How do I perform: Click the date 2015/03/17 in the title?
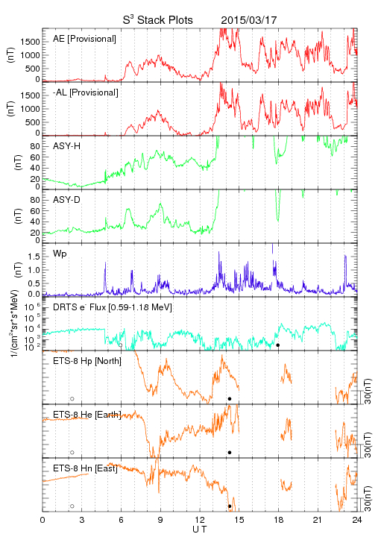(248, 20)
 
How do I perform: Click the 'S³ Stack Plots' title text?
(158, 19)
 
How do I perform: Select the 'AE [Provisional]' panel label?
(84, 39)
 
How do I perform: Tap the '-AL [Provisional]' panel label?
(86, 92)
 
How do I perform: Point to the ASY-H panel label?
(67, 146)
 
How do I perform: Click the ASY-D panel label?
(66, 200)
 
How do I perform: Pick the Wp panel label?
(60, 254)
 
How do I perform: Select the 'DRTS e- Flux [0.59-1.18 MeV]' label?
(113, 307)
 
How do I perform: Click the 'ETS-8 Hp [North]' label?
(87, 361)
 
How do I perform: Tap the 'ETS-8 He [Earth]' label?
(87, 415)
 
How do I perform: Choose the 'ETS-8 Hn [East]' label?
(85, 468)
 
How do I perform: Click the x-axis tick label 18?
(279, 520)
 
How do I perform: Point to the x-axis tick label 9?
(160, 520)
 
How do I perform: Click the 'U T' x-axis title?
(200, 529)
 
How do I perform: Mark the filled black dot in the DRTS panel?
(278, 345)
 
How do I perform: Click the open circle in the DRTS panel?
(121, 345)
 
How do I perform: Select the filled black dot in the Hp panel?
(230, 398)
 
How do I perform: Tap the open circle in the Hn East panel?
(72, 506)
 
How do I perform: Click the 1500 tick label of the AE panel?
(31, 42)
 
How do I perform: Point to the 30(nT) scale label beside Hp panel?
(368, 392)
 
